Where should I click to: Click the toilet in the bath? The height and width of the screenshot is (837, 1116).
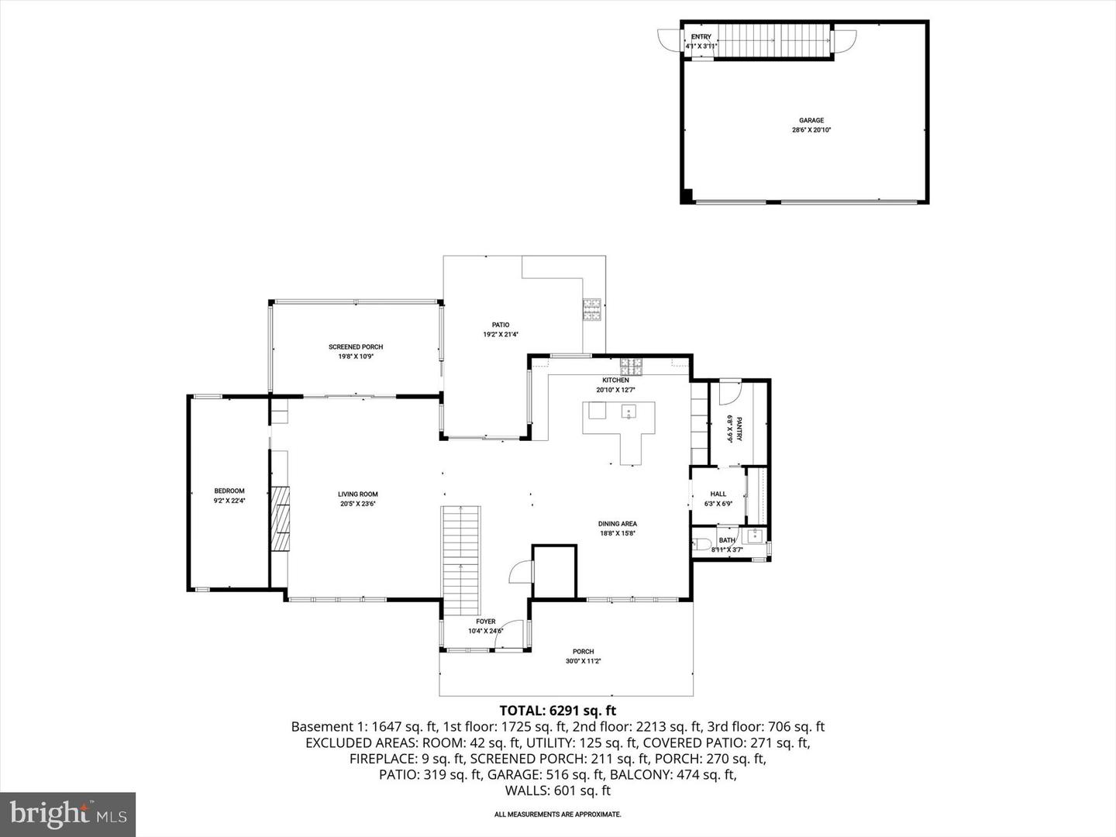701,544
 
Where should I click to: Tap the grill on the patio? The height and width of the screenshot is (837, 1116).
592,309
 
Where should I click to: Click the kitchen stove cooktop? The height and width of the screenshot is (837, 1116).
631,363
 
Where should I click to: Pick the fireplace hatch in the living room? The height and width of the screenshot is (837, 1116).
280,518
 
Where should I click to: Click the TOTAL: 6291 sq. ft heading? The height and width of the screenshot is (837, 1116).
558,710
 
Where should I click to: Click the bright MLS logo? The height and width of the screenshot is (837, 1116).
68,814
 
